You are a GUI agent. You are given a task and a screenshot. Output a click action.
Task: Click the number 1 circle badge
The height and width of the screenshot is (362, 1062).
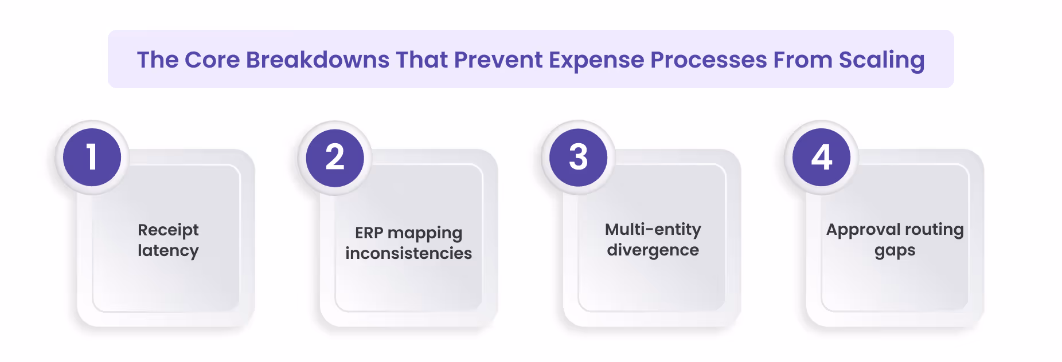(92, 158)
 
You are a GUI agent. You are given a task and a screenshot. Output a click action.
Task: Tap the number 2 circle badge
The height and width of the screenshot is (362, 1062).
(335, 158)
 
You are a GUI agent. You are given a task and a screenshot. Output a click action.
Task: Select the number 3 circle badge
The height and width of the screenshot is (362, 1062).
(578, 158)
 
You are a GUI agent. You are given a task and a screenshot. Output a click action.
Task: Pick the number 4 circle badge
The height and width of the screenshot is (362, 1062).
(821, 158)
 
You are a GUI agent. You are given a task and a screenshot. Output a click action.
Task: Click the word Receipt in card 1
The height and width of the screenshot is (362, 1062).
(168, 230)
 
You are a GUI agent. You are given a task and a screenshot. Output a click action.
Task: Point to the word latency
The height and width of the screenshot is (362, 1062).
(168, 250)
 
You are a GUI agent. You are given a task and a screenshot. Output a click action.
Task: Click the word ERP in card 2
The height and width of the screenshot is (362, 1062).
(369, 233)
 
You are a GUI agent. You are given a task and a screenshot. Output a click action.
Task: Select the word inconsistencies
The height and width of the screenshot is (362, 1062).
(408, 253)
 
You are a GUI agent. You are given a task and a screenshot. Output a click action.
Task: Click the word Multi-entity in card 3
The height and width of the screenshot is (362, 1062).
(653, 230)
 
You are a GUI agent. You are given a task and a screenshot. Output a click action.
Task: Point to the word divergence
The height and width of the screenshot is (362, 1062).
(653, 250)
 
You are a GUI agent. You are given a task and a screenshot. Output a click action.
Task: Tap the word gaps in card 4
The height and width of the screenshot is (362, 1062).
(895, 251)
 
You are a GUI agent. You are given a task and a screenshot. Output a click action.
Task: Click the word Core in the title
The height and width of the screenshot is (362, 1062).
(212, 60)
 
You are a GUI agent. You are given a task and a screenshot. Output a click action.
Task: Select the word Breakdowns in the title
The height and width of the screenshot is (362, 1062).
(318, 60)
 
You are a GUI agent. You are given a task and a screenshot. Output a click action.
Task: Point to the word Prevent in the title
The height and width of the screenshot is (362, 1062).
(498, 60)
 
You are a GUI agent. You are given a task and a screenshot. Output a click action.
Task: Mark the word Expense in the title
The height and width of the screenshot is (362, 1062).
(596, 60)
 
